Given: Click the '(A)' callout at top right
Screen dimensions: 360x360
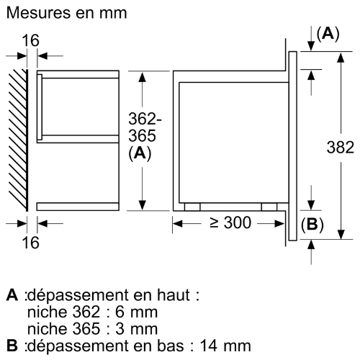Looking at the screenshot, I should click(x=328, y=33).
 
